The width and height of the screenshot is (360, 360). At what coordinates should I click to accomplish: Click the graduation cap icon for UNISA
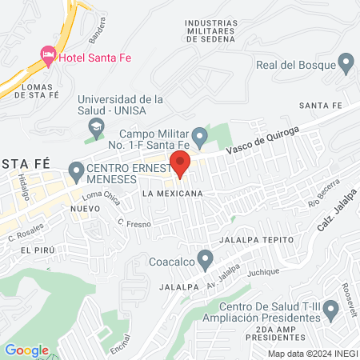pyautogui.click(x=96, y=126)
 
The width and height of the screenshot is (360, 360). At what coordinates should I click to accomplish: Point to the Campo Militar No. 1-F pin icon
pyautogui.click(x=200, y=135)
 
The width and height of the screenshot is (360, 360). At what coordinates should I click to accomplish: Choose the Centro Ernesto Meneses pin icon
pyautogui.click(x=76, y=170)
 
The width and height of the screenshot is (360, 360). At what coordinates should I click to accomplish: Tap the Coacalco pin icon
pyautogui.click(x=206, y=259)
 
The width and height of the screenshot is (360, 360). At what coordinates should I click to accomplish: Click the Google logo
pyautogui.click(x=26, y=350)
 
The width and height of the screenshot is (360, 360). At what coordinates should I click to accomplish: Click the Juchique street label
pyautogui.click(x=263, y=272)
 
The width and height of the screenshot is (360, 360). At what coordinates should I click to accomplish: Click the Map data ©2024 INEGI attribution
pyautogui.click(x=311, y=354)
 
